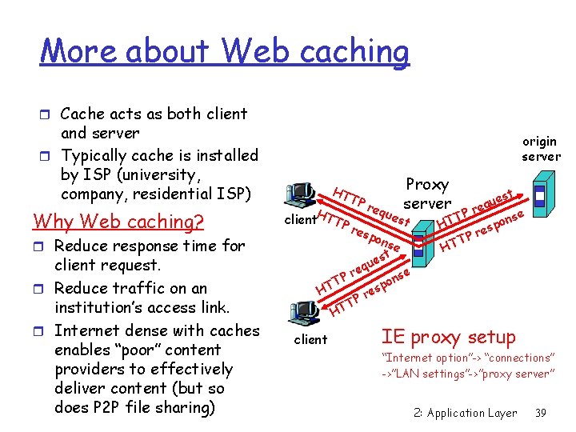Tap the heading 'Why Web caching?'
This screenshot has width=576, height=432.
(118, 221)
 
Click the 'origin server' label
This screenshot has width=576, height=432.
(541, 149)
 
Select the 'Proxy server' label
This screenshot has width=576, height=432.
(427, 194)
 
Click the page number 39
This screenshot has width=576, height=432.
(540, 413)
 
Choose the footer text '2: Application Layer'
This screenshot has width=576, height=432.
(465, 413)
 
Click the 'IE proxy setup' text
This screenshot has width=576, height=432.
(448, 337)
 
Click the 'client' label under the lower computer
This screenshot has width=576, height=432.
(310, 340)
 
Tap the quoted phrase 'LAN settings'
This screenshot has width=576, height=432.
(424, 374)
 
